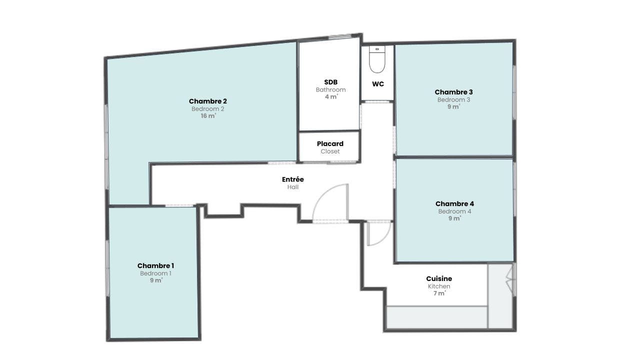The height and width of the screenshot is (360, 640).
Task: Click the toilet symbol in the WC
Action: coord(377,59)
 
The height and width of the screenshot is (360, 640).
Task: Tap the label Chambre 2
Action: coord(207,101)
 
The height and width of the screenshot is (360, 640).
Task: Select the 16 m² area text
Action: coord(208,115)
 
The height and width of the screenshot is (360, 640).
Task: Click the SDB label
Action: coord(331,82)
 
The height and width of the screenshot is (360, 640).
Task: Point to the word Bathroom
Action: coord(331,89)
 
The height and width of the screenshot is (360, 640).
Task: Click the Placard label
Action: coord(330,143)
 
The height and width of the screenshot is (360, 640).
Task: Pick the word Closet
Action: coord(330,151)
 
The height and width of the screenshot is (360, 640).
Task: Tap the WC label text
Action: coord(377,84)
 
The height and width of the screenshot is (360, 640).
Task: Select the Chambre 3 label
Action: coord(453,92)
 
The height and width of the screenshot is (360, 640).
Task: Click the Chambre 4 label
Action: coord(454,203)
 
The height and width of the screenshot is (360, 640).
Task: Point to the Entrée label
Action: coord(293,179)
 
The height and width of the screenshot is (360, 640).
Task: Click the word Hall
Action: coord(293,187)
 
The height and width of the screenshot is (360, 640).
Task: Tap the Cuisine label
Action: coord(439,278)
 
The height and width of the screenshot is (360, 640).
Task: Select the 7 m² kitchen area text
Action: coord(439,293)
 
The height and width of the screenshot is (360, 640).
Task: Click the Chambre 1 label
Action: coord(155,265)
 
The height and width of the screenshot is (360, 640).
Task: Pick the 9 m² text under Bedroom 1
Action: coord(156,280)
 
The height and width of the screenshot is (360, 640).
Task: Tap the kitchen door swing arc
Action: coord(384,239)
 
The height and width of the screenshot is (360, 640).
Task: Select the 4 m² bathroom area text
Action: coord(331,97)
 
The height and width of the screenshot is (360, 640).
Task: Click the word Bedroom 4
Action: coord(454,211)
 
